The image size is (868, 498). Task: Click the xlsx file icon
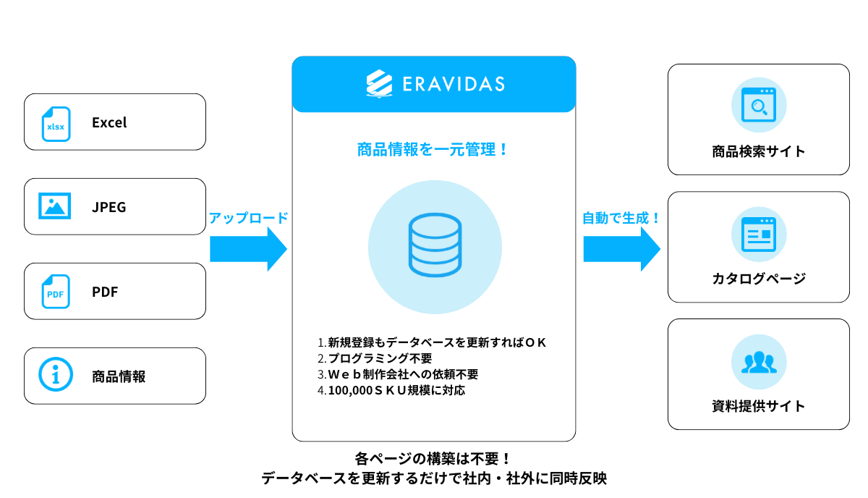[x=55, y=123]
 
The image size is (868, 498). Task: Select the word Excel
[x=109, y=122]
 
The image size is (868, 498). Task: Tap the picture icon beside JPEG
[x=55, y=206]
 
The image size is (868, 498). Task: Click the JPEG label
[x=109, y=207]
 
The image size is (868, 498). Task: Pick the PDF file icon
[x=55, y=292]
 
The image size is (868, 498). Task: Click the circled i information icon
[x=55, y=375]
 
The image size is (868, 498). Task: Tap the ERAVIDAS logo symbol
[x=379, y=84]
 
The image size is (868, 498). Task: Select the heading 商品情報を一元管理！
[x=433, y=150]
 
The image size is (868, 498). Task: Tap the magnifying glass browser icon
[x=758, y=106]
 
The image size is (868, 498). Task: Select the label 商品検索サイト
[x=758, y=151]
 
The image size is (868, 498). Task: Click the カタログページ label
[x=758, y=279]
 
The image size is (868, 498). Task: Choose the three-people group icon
[x=758, y=362]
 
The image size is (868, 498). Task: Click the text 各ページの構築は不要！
[x=433, y=459]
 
